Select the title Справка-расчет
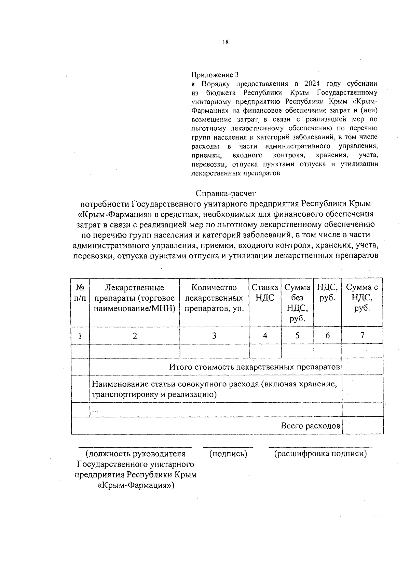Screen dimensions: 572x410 pos(225,193)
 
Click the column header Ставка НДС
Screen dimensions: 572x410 pos(265,293)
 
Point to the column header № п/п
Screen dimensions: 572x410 pos(80,293)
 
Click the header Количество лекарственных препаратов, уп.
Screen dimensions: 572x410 pos(214,298)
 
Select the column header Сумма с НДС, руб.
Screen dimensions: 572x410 pos(362,298)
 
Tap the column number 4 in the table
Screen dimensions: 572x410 pos(265,335)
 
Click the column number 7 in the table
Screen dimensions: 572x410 pos(362,335)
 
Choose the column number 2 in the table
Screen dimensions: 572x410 pos(135,335)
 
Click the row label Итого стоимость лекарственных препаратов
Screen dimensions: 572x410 pos(255,367)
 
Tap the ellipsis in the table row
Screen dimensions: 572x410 pos(95,411)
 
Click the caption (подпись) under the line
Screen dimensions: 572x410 pos(228,454)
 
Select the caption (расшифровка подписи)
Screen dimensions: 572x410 pos(320,454)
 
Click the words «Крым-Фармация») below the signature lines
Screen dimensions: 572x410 pos(136,485)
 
